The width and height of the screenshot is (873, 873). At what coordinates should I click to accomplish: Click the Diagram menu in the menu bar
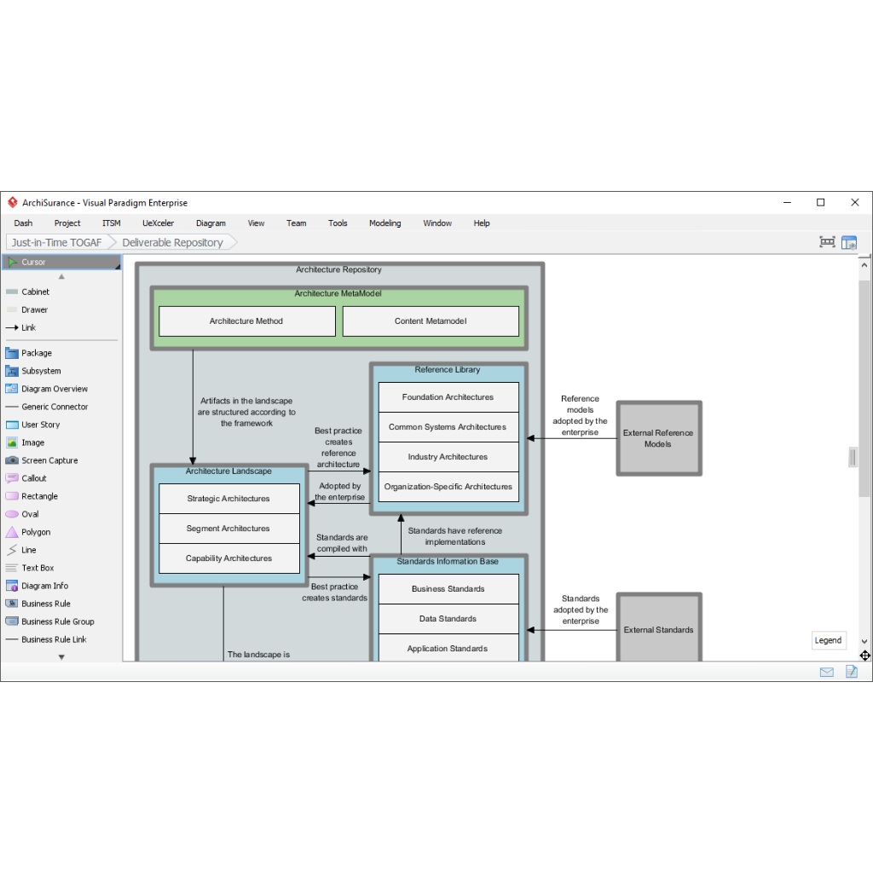[x=211, y=223]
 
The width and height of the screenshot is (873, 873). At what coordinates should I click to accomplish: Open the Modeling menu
[x=384, y=223]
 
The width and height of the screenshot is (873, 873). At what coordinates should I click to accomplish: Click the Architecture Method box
[x=246, y=321]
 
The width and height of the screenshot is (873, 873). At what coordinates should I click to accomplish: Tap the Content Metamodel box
[x=431, y=321]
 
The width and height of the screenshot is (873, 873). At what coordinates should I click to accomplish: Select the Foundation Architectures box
[x=448, y=397]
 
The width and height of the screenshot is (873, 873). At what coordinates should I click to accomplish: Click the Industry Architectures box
[x=448, y=457]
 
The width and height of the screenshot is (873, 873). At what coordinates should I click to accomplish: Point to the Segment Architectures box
[x=228, y=529]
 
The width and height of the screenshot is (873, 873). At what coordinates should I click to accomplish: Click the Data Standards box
[x=448, y=619]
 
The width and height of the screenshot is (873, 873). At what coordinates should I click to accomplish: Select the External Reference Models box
[x=659, y=438]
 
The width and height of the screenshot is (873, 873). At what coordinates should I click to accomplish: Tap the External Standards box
[x=659, y=628]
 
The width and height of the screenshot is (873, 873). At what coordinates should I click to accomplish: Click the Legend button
[x=828, y=640]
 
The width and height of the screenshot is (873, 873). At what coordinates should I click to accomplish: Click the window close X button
[x=854, y=203]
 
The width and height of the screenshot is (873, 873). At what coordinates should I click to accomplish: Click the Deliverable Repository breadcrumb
[x=172, y=243]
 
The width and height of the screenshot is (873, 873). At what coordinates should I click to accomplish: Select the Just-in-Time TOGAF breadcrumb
[x=57, y=243]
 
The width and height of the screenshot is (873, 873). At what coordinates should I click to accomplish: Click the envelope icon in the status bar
[x=827, y=672]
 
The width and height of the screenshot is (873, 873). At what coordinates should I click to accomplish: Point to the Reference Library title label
[x=447, y=370]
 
